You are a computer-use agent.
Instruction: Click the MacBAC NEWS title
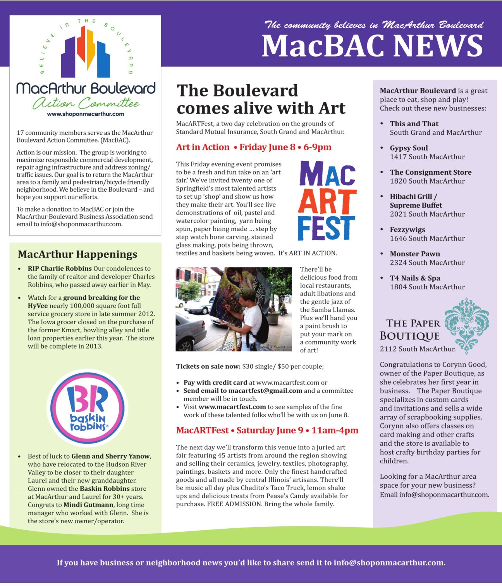(x=372, y=46)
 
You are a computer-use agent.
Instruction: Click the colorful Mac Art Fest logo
(x=327, y=201)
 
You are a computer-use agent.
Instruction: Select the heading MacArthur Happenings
(x=77, y=254)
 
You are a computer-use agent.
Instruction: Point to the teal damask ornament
(x=466, y=325)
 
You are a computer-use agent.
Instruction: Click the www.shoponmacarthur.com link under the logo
(x=85, y=114)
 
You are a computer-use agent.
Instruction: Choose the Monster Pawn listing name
(x=415, y=254)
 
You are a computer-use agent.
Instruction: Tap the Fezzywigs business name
(x=407, y=230)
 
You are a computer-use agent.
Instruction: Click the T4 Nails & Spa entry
(x=415, y=278)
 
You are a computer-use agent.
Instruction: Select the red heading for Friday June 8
(x=254, y=147)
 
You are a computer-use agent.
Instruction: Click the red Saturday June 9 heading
(x=267, y=430)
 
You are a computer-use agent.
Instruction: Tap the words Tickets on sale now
(x=208, y=366)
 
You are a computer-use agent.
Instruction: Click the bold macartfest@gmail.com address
(x=265, y=391)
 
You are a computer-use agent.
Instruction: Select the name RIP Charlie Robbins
(x=60, y=268)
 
